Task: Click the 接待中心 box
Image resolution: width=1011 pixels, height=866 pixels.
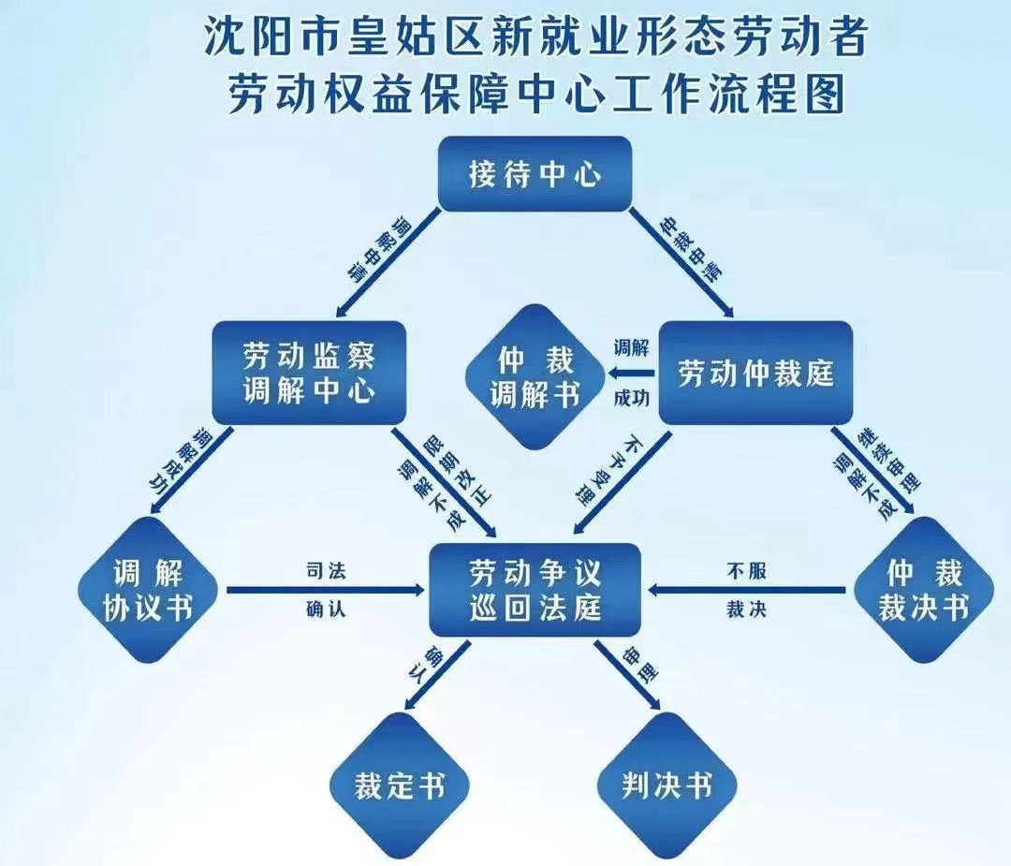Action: click(535, 174)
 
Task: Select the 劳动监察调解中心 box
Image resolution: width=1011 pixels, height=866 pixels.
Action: click(309, 372)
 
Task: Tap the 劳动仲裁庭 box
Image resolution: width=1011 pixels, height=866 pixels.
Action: click(755, 374)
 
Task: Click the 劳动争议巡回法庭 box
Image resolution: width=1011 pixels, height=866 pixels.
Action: click(535, 589)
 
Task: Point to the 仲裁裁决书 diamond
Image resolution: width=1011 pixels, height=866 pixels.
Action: click(921, 589)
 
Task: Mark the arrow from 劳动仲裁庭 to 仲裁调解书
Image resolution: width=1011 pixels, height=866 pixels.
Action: click(632, 374)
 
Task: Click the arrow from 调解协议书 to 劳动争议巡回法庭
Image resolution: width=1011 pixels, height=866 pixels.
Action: click(323, 590)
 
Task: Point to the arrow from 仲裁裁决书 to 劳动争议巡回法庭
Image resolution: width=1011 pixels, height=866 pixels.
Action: click(749, 590)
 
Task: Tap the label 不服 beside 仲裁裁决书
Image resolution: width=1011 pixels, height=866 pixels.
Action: click(746, 571)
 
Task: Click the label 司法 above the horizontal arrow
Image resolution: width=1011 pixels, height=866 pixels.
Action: click(326, 571)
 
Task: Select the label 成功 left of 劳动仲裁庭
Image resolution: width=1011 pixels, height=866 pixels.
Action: click(631, 399)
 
